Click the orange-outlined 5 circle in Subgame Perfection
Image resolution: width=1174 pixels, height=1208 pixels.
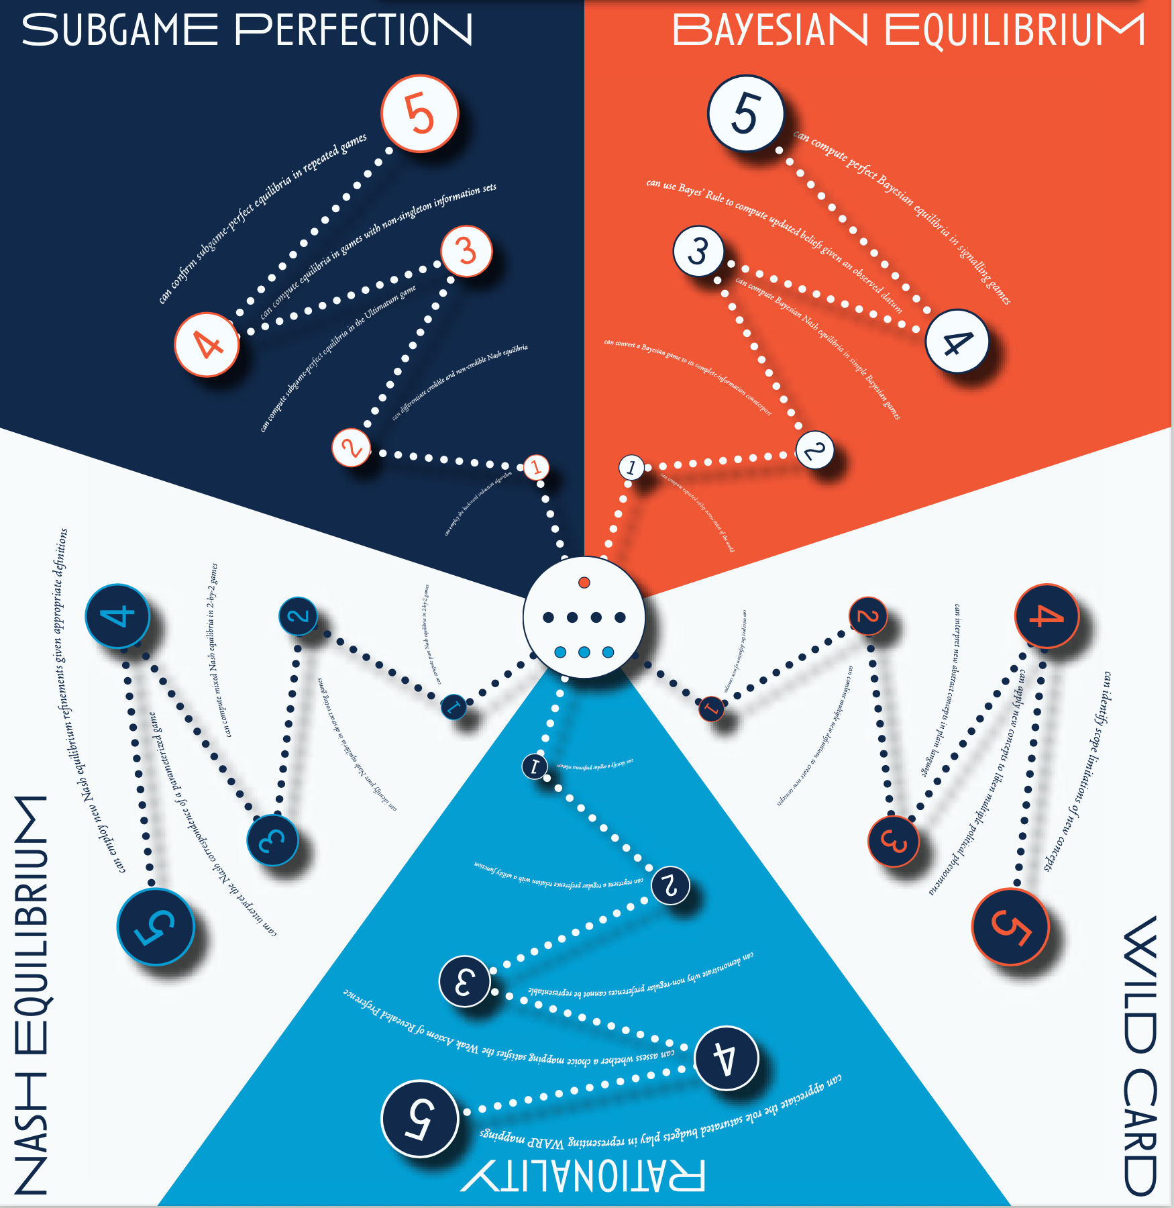coord(420,113)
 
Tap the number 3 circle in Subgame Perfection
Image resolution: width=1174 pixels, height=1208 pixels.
coord(466,252)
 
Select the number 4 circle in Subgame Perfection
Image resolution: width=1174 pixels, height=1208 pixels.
coord(207,345)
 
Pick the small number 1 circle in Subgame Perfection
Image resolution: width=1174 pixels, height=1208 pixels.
coord(535,467)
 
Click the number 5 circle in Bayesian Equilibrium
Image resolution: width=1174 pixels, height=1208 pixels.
coord(745,113)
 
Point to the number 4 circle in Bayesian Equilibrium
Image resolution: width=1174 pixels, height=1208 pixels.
coord(957,342)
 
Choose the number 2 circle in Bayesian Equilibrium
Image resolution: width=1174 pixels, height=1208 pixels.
coord(814,450)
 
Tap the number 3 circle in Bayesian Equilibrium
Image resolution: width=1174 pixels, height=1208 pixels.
coord(698,252)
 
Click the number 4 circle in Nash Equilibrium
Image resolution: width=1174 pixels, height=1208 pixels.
coord(117,616)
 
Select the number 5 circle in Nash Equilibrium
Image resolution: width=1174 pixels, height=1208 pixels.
coord(156,927)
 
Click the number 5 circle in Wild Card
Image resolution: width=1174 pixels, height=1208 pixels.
coord(1010,927)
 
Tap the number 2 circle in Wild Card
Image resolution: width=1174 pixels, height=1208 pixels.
coord(867,616)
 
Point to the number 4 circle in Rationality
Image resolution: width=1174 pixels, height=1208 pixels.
coord(726,1058)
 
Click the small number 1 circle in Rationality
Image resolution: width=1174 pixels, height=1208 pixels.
coord(535,766)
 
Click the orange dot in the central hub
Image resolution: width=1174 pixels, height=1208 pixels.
coord(584,583)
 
